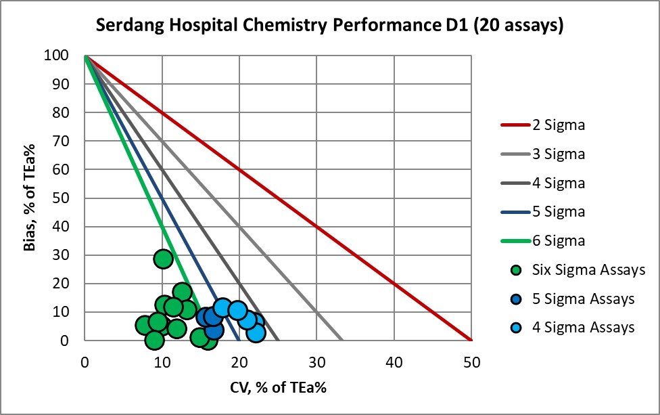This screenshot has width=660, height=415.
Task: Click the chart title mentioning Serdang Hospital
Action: pos(329,26)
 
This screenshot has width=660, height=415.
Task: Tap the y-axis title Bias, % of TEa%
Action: pos(29,198)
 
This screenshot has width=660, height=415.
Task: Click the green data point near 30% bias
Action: pos(163,259)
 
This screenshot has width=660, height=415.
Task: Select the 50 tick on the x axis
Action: pos(471,362)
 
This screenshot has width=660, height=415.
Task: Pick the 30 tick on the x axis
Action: pos(316,362)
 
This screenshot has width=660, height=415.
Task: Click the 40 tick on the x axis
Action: pos(394,362)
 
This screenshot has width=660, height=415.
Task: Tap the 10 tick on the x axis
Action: pos(162,362)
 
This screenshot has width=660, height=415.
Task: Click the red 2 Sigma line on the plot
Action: pos(278,198)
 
